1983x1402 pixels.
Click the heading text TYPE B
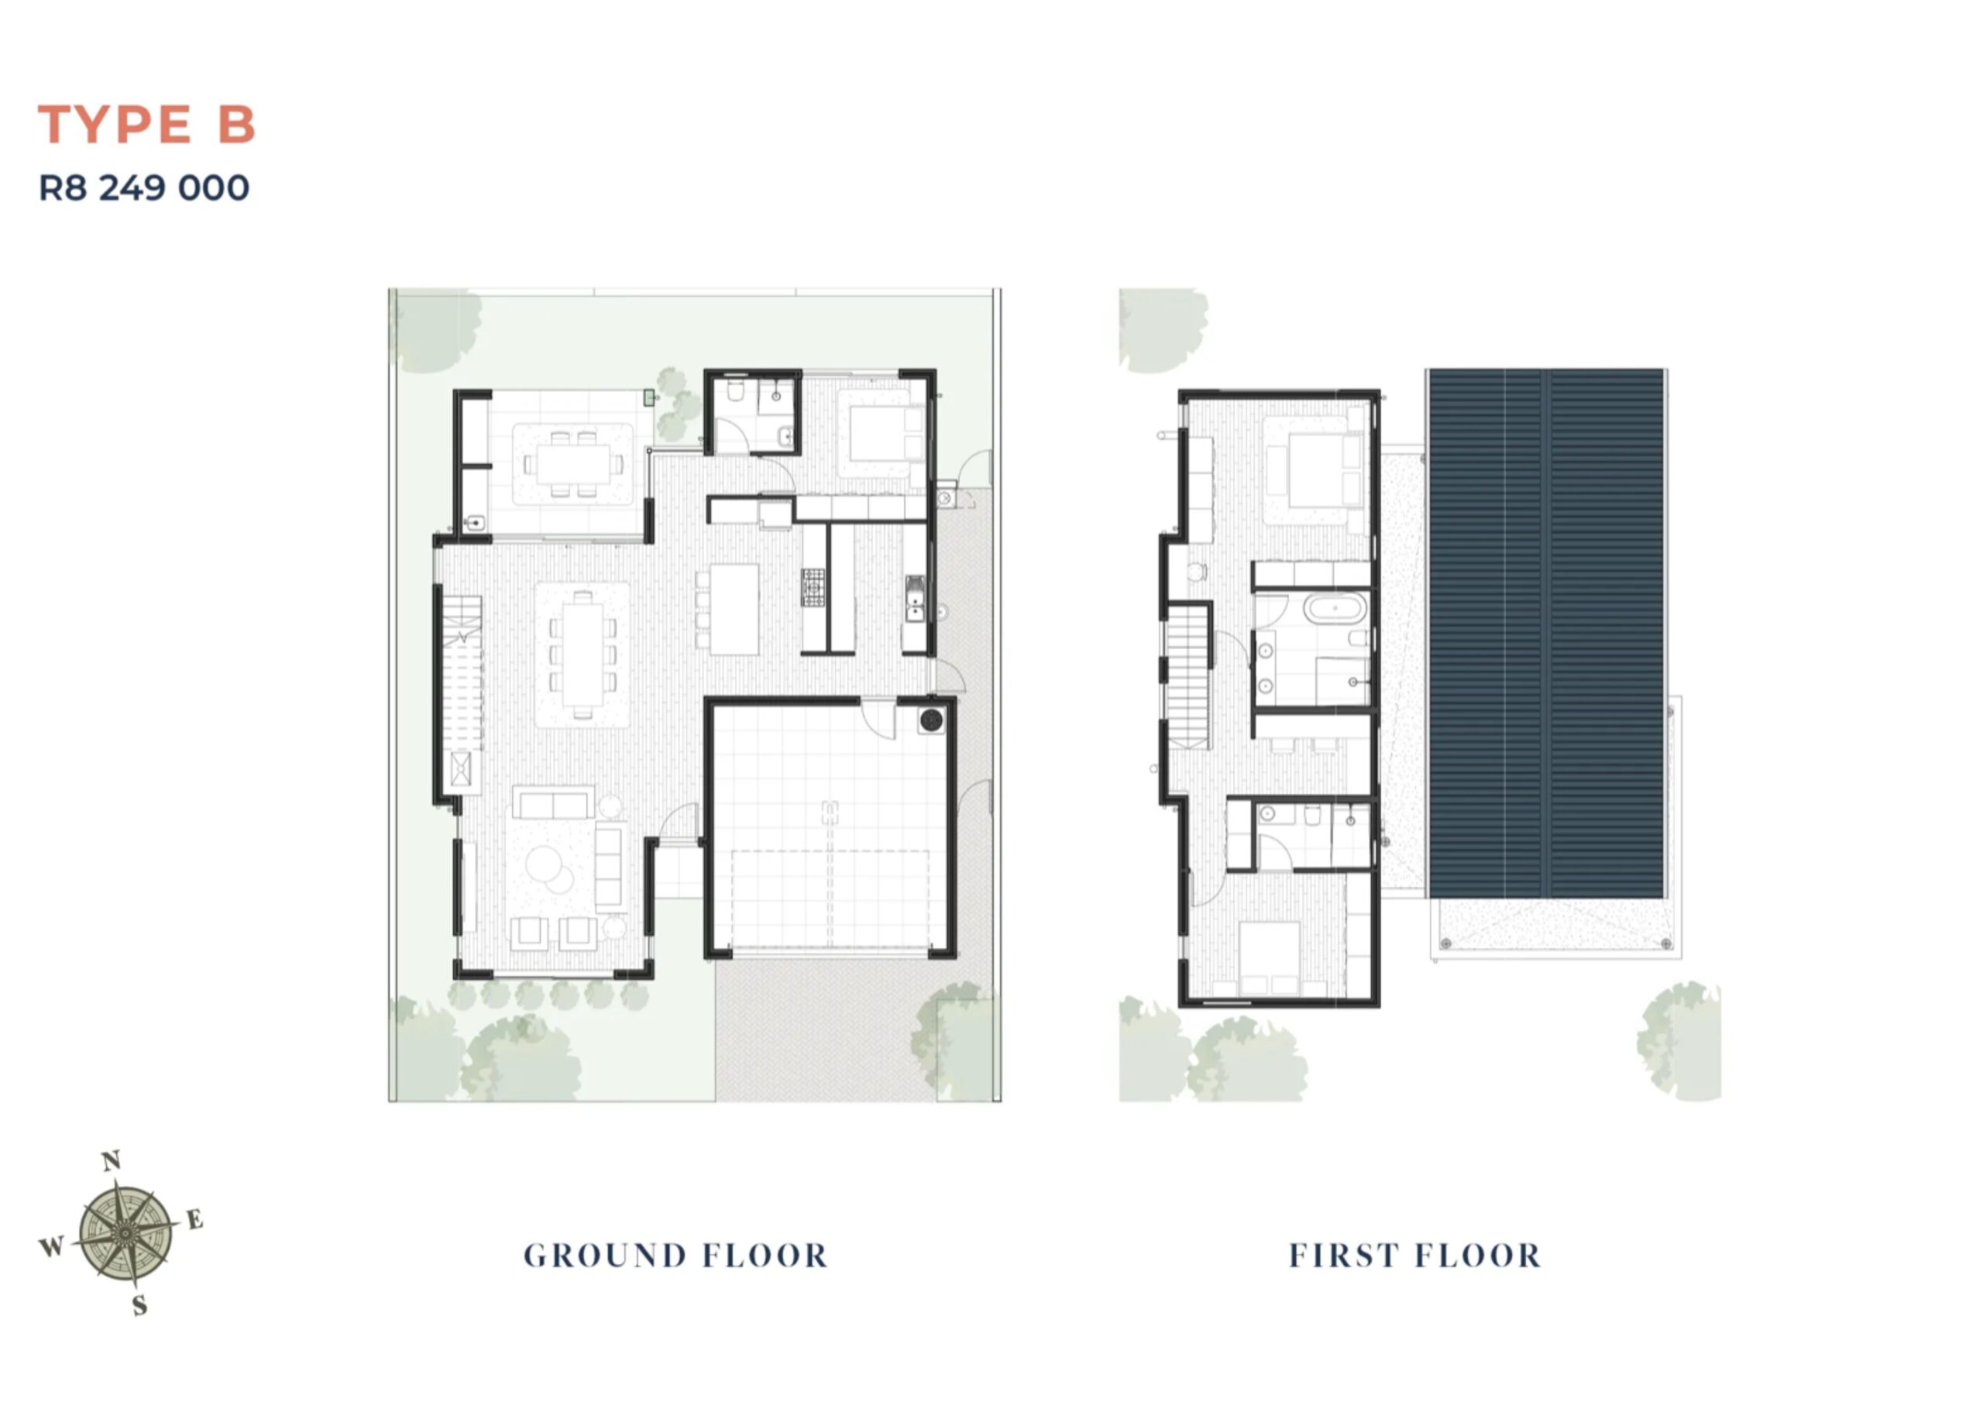point(147,125)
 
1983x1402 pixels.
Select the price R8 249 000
point(144,188)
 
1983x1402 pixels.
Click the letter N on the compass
point(112,1162)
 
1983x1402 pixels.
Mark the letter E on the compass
point(195,1220)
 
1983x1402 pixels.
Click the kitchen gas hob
point(813,587)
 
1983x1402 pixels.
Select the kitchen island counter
point(734,609)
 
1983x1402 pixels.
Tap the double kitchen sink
point(915,599)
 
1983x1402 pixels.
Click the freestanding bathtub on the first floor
point(1335,609)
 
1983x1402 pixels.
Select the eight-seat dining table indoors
point(583,654)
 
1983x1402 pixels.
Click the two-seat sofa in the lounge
point(554,803)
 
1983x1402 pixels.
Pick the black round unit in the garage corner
point(931,720)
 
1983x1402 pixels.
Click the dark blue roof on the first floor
point(1546,633)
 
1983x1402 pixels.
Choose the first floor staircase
point(1188,675)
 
